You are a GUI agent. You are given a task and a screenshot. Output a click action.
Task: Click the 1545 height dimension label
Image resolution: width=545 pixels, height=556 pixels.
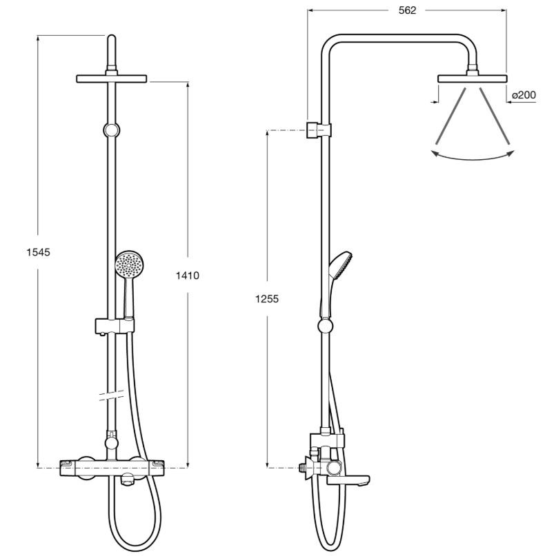[x=39, y=252]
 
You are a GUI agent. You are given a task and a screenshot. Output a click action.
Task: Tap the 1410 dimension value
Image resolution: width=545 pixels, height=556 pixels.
[x=188, y=275]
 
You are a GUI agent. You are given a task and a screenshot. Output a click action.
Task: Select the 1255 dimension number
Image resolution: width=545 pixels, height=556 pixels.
[x=267, y=299]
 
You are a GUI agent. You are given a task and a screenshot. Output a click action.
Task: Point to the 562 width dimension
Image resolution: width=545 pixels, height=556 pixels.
[x=407, y=10]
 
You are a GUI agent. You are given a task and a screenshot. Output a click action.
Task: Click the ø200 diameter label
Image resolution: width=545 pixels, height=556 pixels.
[x=524, y=95]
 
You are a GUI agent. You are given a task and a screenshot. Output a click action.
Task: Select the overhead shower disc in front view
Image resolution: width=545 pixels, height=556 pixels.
[x=112, y=79]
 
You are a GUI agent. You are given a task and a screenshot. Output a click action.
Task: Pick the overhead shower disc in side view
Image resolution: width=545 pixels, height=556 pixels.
[x=472, y=79]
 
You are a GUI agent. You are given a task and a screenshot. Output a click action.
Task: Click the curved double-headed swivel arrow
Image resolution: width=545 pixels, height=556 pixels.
[x=472, y=158]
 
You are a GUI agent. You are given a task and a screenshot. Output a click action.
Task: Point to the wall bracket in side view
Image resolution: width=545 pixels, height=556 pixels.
[x=319, y=130]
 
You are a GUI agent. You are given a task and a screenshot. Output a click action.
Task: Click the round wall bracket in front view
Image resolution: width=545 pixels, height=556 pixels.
[x=112, y=130]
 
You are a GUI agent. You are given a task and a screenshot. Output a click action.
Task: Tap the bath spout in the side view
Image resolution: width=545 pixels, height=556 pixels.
[x=348, y=480]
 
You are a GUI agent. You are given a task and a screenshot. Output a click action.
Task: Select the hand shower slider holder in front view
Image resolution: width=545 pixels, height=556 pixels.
[x=115, y=326]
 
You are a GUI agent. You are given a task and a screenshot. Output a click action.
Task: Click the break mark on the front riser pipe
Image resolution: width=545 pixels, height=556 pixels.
[x=112, y=395]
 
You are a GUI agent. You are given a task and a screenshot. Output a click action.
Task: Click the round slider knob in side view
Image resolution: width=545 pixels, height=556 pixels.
[x=325, y=326]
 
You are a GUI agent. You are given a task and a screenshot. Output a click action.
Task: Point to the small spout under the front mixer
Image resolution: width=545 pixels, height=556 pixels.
[x=127, y=482]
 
